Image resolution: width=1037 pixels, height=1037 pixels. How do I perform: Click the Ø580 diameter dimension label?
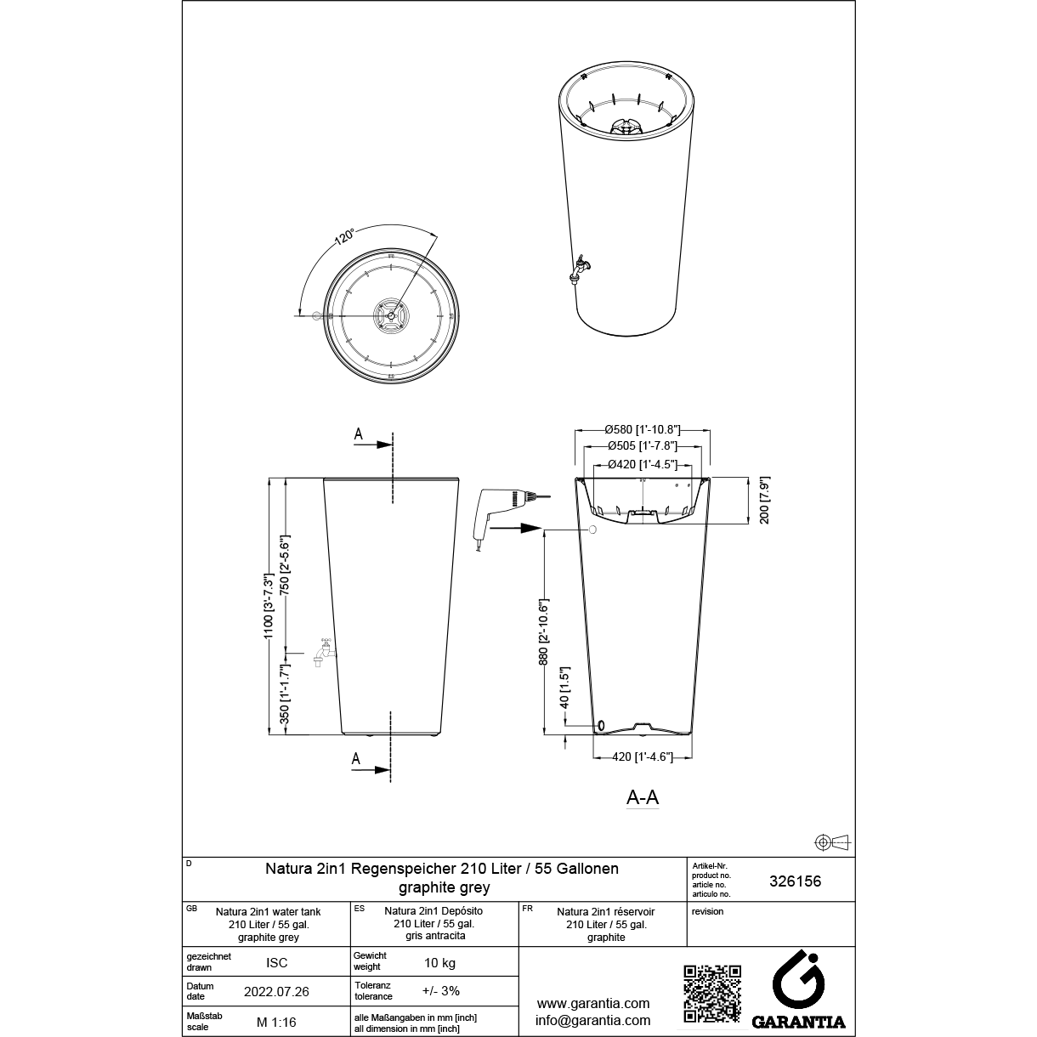[x=643, y=429]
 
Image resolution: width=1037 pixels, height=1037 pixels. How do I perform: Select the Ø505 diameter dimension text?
[x=643, y=445]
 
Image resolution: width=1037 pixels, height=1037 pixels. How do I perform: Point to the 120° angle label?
[x=344, y=237]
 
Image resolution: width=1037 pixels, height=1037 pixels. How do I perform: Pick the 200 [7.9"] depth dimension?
[x=765, y=500]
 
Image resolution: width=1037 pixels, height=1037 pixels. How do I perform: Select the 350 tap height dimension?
[x=286, y=694]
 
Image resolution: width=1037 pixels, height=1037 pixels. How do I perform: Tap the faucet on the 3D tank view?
[x=581, y=269]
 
